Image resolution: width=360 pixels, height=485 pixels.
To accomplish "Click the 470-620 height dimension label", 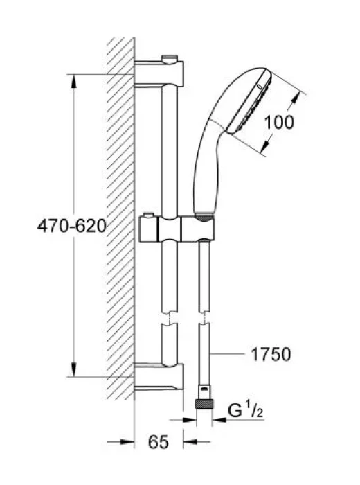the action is click(72, 226).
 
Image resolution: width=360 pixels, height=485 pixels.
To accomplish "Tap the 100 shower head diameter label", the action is click(279, 122).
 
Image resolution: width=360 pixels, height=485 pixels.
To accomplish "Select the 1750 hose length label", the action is click(271, 355).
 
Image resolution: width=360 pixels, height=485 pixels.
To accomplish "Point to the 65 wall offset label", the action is click(159, 442).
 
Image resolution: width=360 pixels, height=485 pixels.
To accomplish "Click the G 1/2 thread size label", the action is click(246, 410).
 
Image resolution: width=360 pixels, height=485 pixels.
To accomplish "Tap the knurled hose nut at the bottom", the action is click(204, 404).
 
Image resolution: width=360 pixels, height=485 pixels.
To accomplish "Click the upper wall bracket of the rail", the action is click(159, 74).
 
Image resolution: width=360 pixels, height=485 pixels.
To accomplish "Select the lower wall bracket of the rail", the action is click(159, 377).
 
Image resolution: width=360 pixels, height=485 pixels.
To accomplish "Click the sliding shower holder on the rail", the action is click(177, 229).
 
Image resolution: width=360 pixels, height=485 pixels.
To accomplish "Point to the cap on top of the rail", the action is click(170, 58).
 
